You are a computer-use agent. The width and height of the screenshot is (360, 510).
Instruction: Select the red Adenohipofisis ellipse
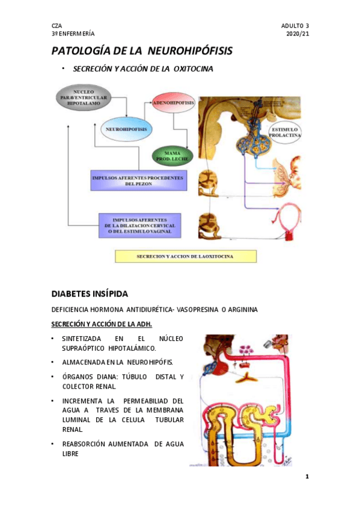(173, 103)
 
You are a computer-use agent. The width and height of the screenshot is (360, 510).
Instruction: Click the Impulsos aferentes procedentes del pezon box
(138, 180)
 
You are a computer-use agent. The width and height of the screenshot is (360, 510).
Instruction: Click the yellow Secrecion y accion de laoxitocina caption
(186, 257)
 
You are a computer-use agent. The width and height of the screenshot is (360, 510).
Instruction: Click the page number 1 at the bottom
(307, 477)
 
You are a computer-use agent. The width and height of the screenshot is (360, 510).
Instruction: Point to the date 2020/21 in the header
(297, 34)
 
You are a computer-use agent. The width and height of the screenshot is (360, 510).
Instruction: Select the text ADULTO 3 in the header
(294, 25)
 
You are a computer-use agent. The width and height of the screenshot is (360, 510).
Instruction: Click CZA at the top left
(56, 25)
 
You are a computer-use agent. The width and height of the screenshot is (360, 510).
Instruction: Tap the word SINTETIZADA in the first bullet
(83, 339)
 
